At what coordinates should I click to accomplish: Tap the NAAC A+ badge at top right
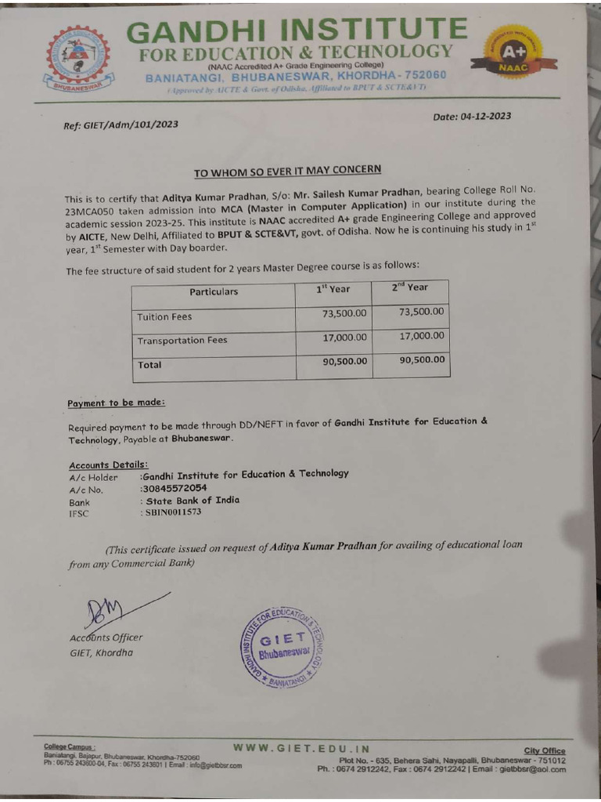[513, 53]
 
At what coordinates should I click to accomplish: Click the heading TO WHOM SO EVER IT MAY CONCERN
[287, 171]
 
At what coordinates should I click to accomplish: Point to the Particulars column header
[213, 291]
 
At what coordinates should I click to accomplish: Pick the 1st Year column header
[333, 288]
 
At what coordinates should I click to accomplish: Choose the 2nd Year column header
[410, 287]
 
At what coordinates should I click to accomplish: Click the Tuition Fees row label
[164, 317]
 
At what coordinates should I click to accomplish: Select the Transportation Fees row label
[182, 341]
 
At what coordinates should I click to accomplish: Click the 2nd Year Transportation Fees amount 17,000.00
[421, 336]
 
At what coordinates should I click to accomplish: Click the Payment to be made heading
[116, 403]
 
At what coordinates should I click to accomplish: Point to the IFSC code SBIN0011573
[170, 512]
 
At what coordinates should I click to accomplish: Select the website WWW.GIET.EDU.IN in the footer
[301, 748]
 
